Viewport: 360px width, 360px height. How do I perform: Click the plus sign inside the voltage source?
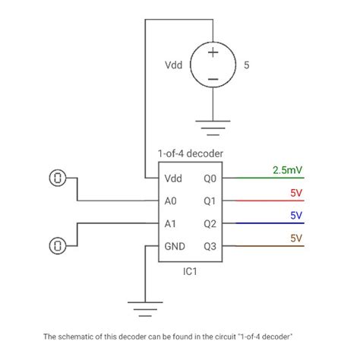213,52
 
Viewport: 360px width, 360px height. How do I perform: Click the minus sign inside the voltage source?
213,78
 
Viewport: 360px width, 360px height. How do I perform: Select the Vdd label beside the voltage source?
173,65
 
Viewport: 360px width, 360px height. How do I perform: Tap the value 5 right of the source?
247,65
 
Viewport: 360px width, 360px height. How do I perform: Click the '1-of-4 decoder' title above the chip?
190,153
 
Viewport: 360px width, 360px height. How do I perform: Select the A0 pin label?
171,201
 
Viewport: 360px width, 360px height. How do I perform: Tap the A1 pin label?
171,224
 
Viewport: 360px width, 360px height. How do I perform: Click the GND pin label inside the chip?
174,247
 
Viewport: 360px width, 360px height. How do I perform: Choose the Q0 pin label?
210,179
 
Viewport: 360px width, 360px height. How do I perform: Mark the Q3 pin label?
210,247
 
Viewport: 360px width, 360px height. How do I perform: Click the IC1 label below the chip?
190,271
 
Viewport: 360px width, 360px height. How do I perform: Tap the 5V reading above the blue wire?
296,215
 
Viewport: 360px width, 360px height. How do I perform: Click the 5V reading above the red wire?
296,193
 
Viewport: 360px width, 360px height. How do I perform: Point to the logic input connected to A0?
58,178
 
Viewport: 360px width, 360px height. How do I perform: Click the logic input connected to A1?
58,245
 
